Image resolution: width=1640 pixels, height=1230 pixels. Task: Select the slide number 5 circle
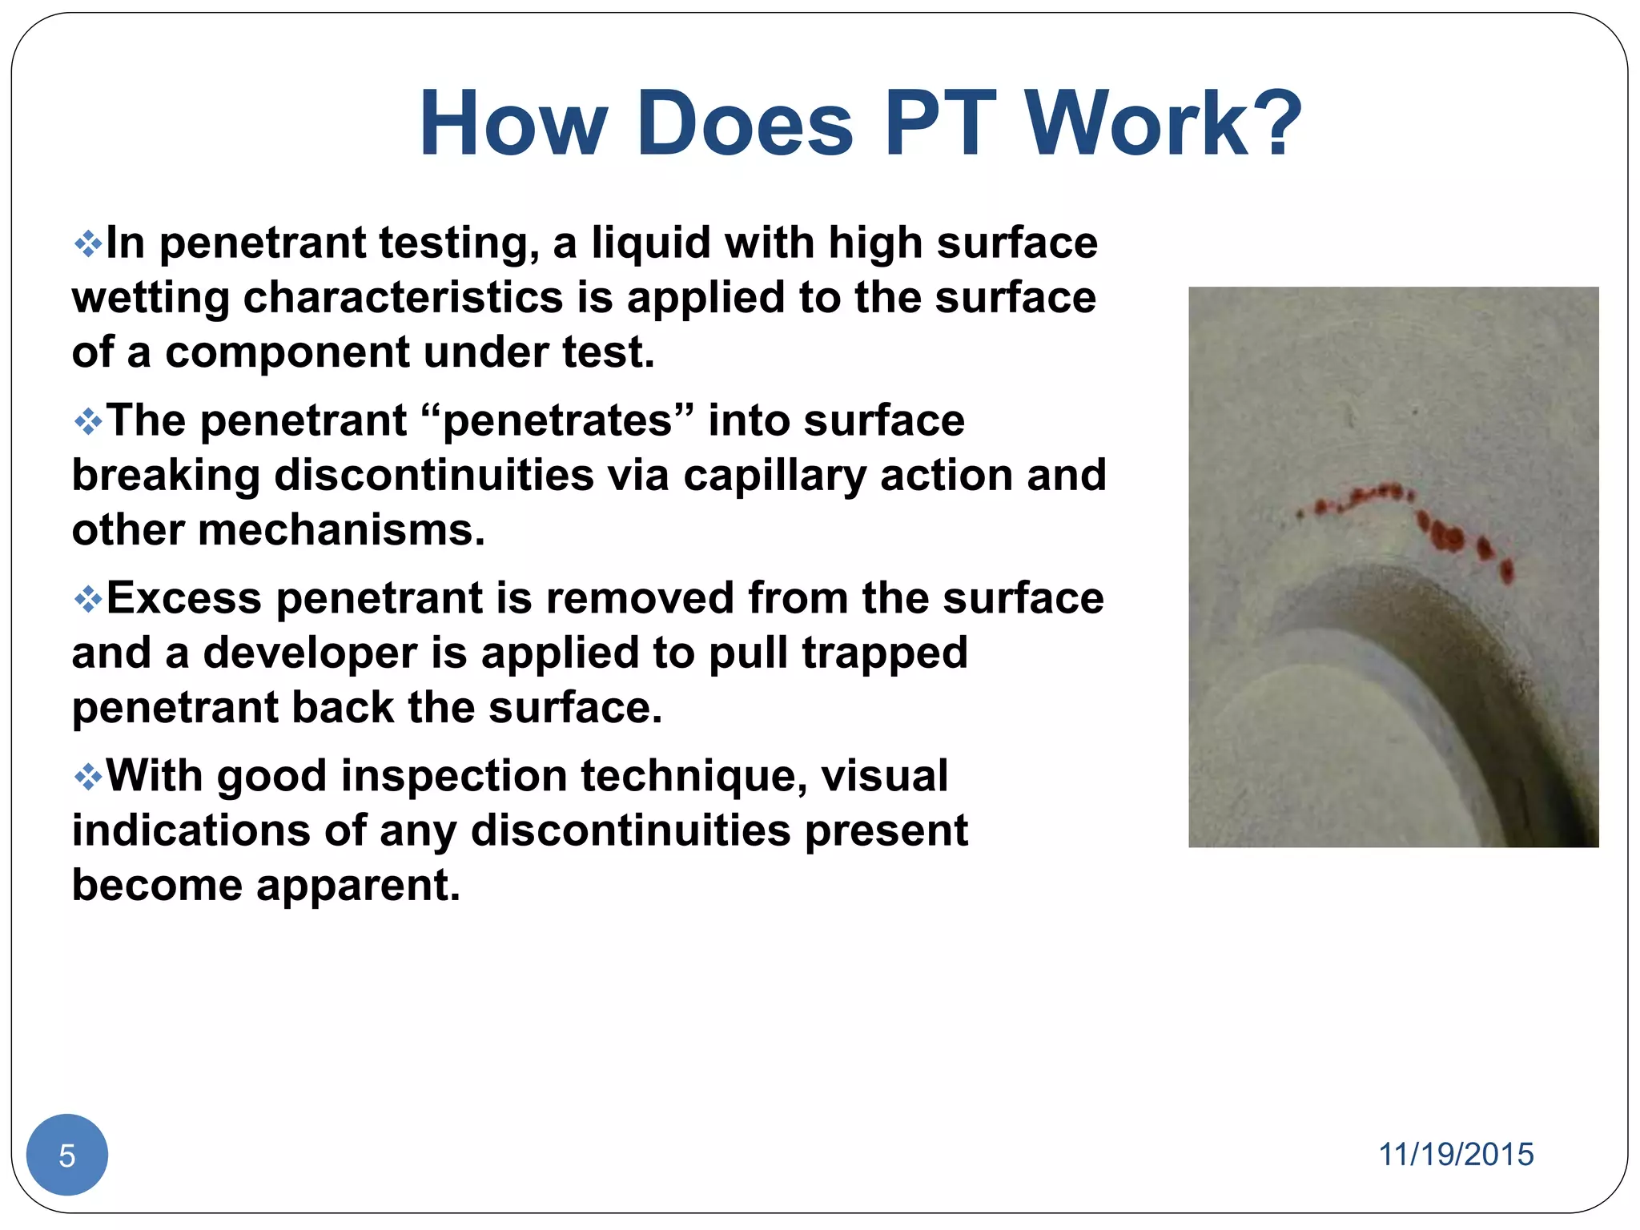[x=67, y=1155]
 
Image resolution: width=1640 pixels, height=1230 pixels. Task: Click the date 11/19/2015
[x=1455, y=1155]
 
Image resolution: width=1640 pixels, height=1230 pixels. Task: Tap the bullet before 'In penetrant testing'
[x=87, y=243]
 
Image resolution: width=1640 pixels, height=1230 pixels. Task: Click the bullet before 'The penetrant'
[x=87, y=421]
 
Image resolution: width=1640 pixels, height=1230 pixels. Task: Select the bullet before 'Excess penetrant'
[x=87, y=599]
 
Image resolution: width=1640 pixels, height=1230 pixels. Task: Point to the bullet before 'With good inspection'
[x=87, y=777]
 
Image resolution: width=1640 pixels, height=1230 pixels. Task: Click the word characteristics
[x=403, y=298]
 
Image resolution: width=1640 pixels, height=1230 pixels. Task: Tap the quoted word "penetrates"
[x=556, y=421]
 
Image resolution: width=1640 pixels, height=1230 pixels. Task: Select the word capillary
[x=774, y=476]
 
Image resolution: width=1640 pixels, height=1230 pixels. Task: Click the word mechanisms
[x=341, y=530]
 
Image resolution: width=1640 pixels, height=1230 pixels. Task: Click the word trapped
[x=885, y=653]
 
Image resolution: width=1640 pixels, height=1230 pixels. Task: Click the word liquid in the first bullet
[x=650, y=243]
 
